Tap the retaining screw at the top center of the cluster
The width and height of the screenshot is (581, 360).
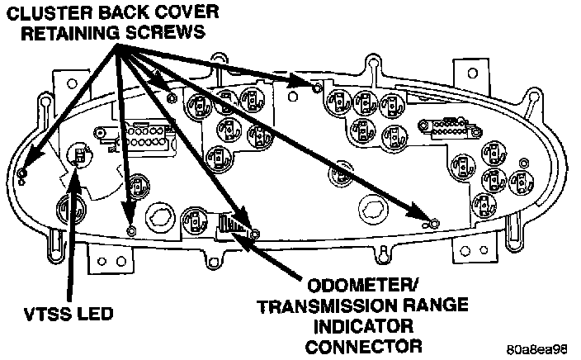click(315, 86)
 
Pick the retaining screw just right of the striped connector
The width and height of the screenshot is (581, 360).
click(254, 234)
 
